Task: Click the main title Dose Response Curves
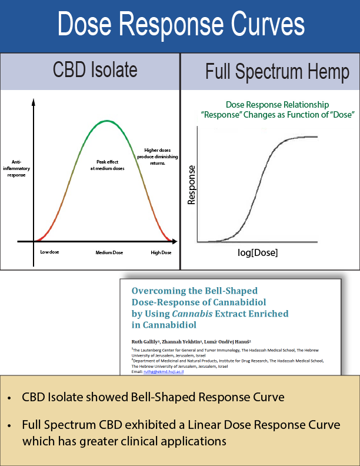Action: coord(180,25)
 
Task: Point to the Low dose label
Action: coord(49,252)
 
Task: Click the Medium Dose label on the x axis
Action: coord(109,252)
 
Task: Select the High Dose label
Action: coord(161,252)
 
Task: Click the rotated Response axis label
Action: coord(191,184)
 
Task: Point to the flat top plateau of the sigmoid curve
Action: coord(306,137)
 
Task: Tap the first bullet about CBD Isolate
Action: coord(153,397)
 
